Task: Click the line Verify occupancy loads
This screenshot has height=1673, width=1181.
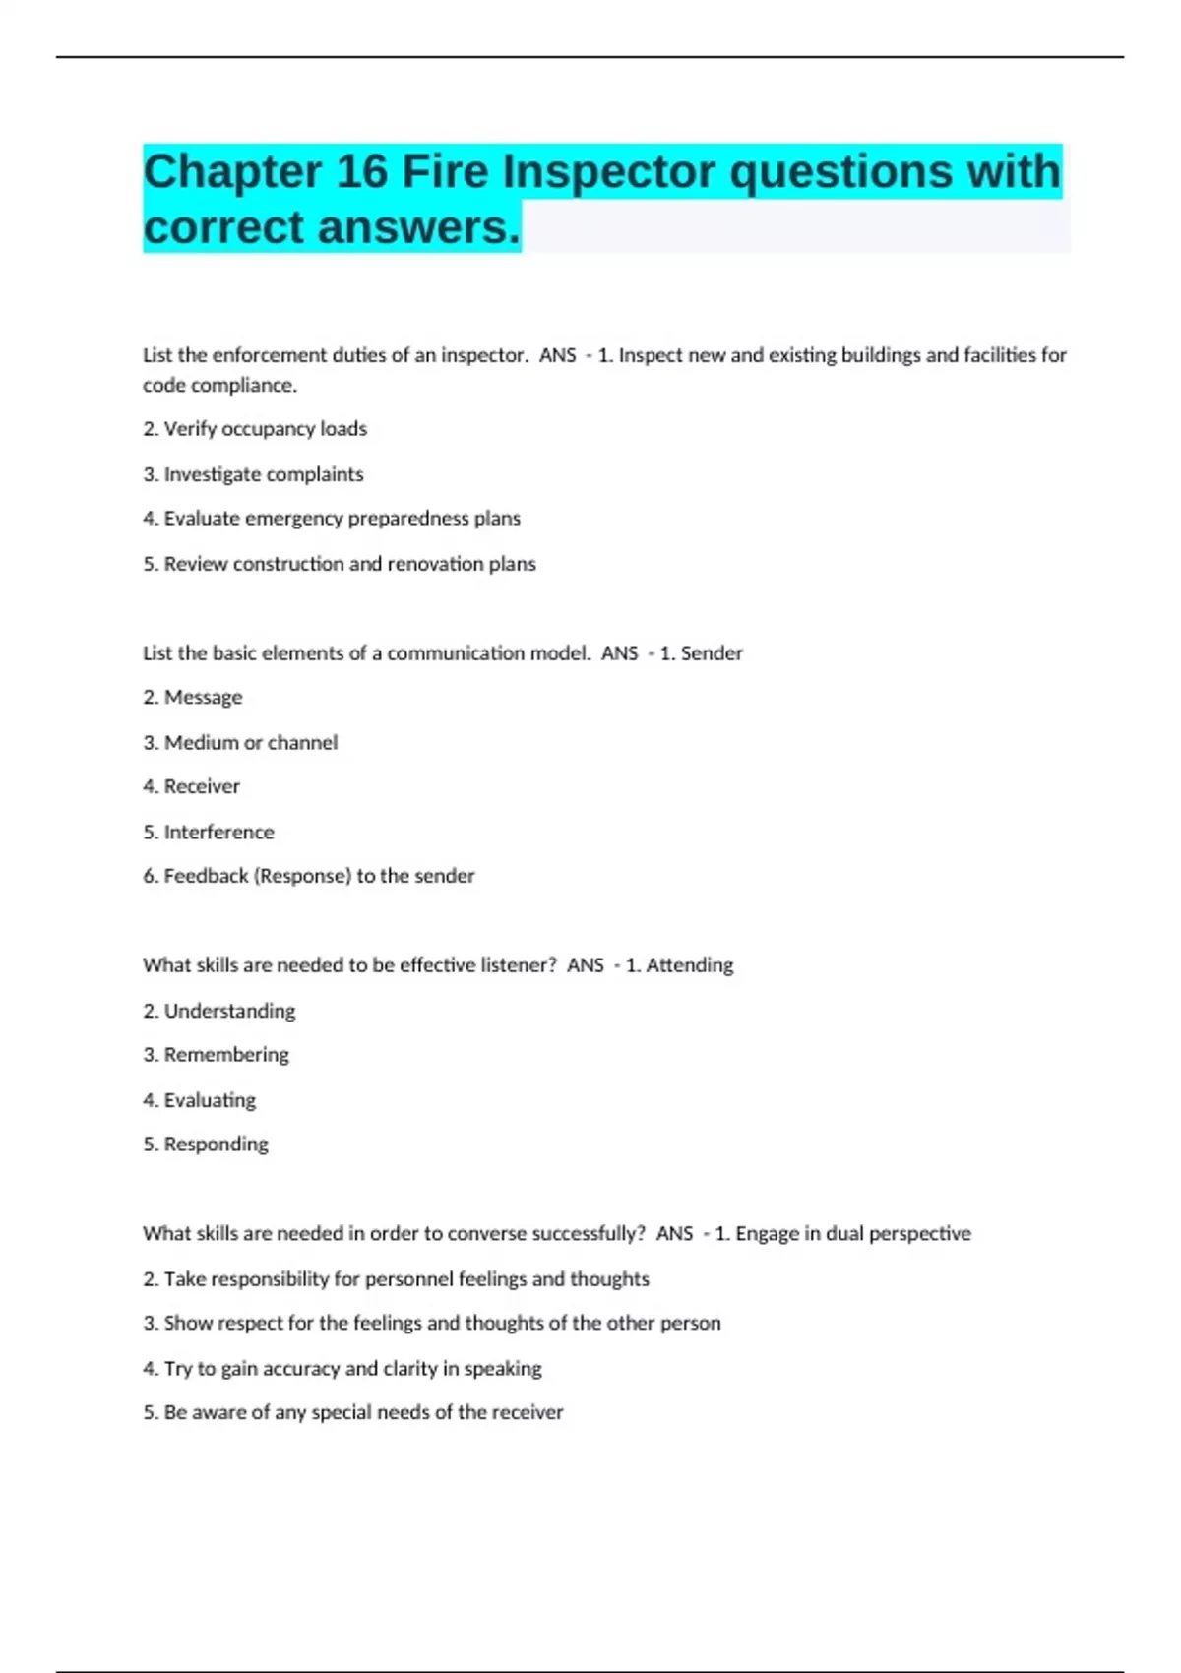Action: click(255, 429)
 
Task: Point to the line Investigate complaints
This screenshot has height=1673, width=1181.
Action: click(253, 474)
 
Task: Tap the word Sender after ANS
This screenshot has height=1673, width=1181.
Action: click(712, 653)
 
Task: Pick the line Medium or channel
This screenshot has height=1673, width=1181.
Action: click(240, 743)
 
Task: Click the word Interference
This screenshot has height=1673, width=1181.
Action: click(218, 833)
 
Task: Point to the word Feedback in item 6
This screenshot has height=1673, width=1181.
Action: click(206, 876)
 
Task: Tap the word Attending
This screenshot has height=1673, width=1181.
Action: click(689, 965)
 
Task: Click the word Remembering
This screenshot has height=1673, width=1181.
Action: click(226, 1055)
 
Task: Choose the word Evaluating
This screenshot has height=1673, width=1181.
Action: click(210, 1100)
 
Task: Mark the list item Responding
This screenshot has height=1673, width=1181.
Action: click(216, 1145)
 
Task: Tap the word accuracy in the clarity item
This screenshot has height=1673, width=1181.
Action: click(293, 1369)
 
